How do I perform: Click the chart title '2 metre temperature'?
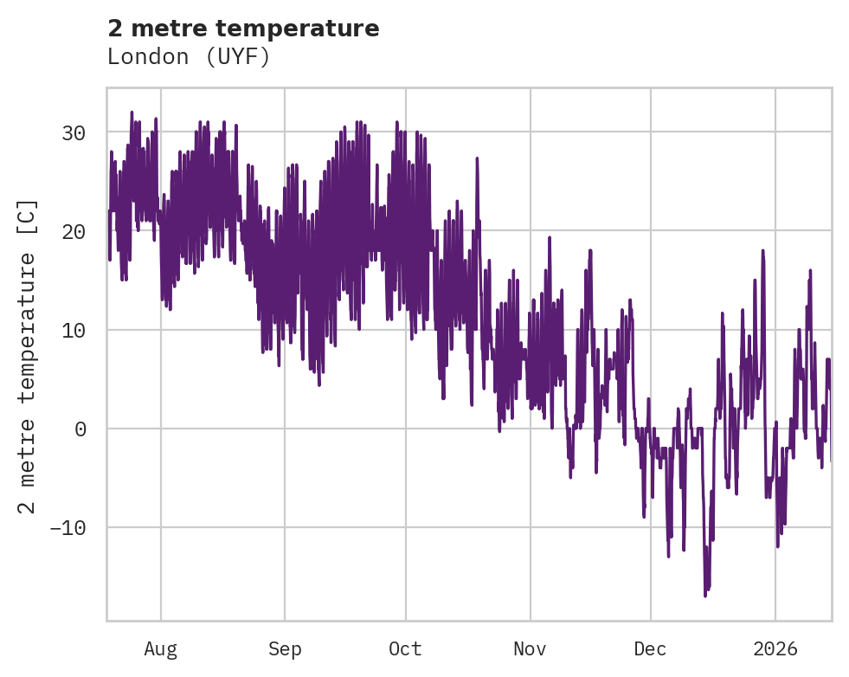(243, 29)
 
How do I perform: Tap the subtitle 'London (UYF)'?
(189, 57)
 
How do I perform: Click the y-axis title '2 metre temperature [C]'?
(28, 356)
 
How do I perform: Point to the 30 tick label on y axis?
(73, 133)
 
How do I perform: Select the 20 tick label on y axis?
(73, 232)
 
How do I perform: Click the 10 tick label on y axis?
(73, 331)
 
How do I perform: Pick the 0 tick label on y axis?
(80, 429)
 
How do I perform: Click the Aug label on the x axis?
(160, 649)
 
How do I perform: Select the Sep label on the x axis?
(285, 649)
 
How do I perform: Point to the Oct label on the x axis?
(405, 649)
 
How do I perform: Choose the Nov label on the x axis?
(530, 649)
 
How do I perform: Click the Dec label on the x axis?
(650, 649)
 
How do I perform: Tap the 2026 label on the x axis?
(775, 649)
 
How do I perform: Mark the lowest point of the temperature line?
(705, 596)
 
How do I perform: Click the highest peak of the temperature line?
(132, 112)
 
